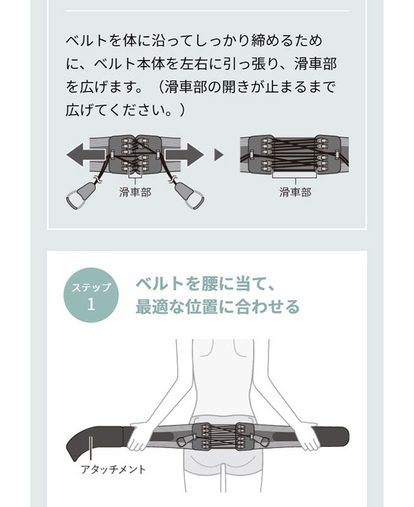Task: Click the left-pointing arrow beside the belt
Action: pyautogui.click(x=85, y=155)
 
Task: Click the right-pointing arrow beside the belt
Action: pyautogui.click(x=184, y=155)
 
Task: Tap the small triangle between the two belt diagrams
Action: pyautogui.click(x=219, y=155)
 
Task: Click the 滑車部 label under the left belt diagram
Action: pyautogui.click(x=135, y=192)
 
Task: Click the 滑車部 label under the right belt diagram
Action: pyautogui.click(x=295, y=192)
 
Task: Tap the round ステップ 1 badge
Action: pyautogui.click(x=91, y=295)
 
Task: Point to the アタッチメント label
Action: pyautogui.click(x=113, y=469)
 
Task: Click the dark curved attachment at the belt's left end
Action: pyautogui.click(x=97, y=440)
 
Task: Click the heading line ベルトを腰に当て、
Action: pyautogui.click(x=205, y=284)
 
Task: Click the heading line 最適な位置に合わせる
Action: pyautogui.click(x=217, y=307)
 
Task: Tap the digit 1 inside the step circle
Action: pyautogui.click(x=91, y=304)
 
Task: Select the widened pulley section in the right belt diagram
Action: pyautogui.click(x=294, y=155)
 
